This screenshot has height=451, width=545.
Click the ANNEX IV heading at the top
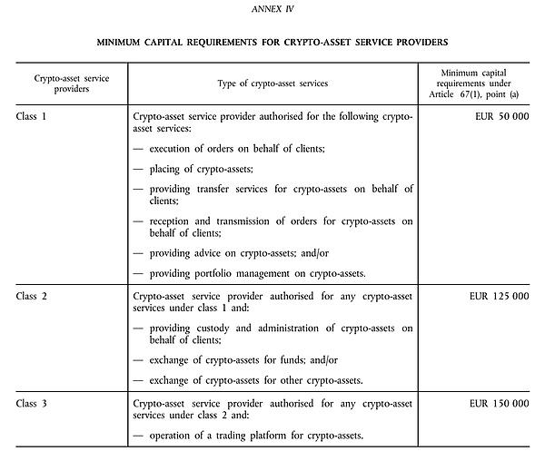(x=272, y=10)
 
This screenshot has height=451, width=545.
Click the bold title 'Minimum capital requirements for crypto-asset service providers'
(x=272, y=43)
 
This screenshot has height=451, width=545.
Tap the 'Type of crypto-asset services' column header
(x=272, y=83)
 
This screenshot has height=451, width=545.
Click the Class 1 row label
(x=34, y=118)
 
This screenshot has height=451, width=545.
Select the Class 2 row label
(x=34, y=296)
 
